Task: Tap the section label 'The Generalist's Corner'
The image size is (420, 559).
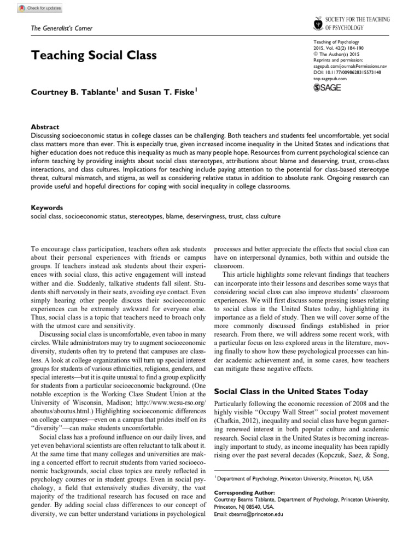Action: [x=61, y=28]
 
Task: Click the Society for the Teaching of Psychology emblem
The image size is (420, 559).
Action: [x=318, y=23]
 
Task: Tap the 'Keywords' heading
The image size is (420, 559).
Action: [x=46, y=207]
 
